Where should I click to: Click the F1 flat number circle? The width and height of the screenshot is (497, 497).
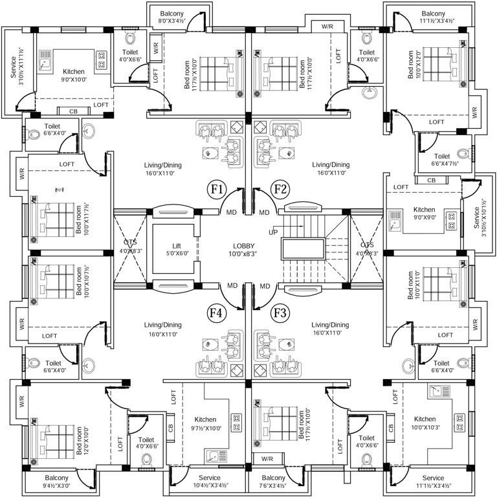(x=216, y=190)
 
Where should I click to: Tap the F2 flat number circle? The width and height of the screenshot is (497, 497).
(x=280, y=190)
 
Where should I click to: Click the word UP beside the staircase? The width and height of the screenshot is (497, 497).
(x=274, y=231)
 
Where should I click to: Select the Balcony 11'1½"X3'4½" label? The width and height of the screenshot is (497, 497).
(x=433, y=17)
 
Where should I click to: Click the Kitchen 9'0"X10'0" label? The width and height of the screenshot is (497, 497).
(x=74, y=76)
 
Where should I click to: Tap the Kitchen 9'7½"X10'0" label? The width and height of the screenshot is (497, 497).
(x=206, y=423)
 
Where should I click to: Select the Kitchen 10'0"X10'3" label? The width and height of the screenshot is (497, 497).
(x=425, y=423)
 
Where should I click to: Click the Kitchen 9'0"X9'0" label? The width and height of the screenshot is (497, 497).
(x=425, y=214)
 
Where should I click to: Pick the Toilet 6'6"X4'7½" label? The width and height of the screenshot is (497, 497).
(x=442, y=160)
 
